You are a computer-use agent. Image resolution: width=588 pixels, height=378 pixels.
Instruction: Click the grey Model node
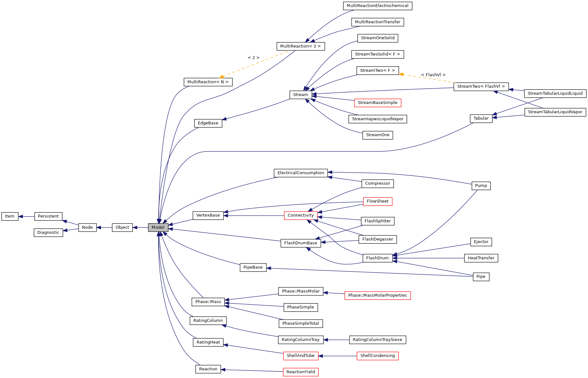(x=158, y=227)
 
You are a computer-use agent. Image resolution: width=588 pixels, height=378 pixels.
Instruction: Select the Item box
(x=10, y=216)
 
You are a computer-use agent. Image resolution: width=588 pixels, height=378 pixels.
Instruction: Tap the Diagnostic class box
(x=48, y=233)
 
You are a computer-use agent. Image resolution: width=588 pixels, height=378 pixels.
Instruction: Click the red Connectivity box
(x=301, y=215)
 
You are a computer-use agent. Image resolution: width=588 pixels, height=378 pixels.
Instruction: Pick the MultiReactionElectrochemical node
(x=377, y=6)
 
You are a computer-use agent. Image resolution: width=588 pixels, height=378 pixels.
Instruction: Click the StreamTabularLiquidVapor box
(x=555, y=112)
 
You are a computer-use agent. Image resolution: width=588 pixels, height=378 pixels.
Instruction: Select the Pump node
(x=481, y=186)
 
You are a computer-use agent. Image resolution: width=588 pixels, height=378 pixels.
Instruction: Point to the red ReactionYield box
(x=301, y=372)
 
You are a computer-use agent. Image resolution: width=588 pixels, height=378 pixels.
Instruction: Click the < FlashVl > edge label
(x=433, y=75)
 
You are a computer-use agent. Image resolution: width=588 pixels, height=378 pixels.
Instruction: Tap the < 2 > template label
(x=253, y=58)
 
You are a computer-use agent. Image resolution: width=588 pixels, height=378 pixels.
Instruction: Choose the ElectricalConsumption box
(x=301, y=173)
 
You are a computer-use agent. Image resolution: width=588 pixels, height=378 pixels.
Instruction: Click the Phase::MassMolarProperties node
(x=377, y=295)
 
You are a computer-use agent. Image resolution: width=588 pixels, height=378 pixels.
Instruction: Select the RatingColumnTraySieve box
(x=377, y=340)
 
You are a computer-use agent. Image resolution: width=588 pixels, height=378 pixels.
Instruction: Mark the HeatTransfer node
(x=481, y=258)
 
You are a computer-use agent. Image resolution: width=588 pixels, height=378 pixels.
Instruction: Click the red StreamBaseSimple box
(x=377, y=103)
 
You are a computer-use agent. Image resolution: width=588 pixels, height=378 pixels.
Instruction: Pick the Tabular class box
(x=481, y=118)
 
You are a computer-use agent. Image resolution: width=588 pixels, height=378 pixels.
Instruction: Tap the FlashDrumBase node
(x=301, y=243)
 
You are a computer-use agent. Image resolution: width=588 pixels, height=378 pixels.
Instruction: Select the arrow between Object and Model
(x=140, y=227)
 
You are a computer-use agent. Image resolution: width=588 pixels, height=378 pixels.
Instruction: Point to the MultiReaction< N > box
(x=208, y=82)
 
